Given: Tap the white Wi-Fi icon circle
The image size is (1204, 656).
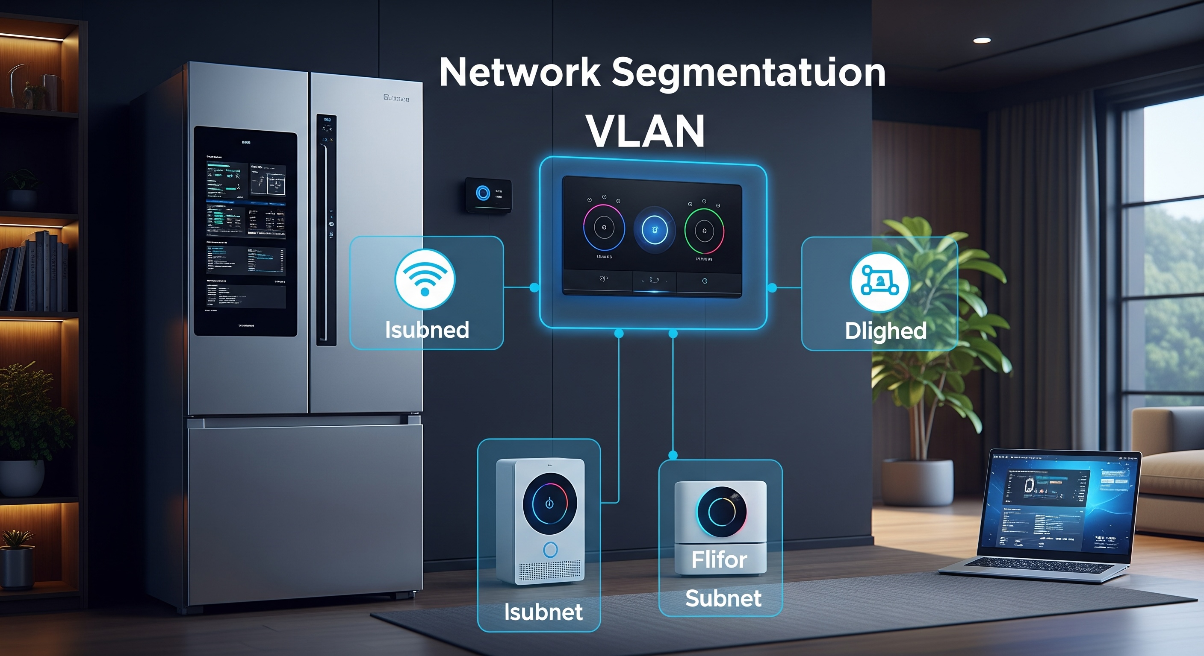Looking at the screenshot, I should coord(425,279).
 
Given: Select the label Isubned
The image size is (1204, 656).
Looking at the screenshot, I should coord(427,330).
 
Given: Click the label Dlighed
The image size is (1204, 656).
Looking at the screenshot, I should coord(885,331).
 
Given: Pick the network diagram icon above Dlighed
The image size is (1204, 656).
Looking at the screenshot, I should coord(879,281).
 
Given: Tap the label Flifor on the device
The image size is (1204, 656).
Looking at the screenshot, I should coord(719,559).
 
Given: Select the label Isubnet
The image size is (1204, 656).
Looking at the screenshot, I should coord(543,612).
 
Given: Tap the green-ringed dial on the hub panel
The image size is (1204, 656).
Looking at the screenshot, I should coord(704,231).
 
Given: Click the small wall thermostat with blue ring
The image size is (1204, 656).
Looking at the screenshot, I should coord(488,195).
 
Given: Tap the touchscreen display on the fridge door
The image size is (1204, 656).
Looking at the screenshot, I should coord(245,231).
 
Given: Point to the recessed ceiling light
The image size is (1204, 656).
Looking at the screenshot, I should coord(982,40).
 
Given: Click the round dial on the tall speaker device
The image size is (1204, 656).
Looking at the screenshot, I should coord(550,504).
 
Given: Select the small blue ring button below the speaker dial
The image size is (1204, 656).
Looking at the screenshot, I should coord(550,550).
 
